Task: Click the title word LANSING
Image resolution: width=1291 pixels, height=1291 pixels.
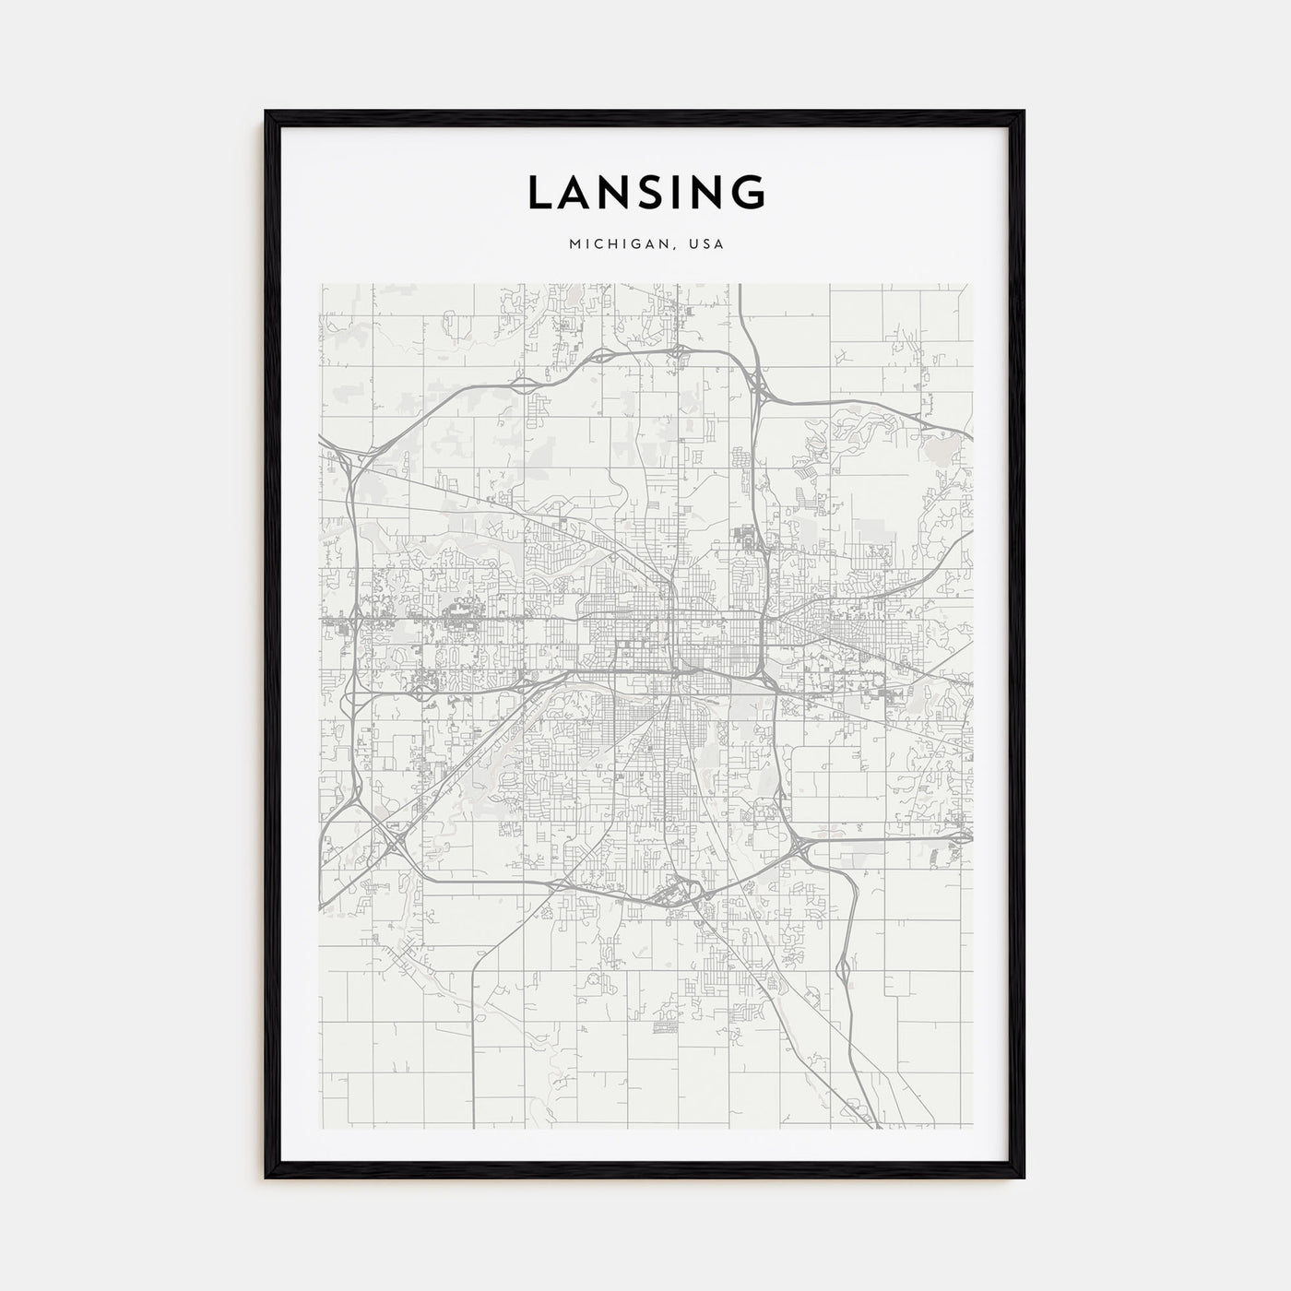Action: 645,192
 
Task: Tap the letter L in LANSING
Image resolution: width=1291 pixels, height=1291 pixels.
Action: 540,192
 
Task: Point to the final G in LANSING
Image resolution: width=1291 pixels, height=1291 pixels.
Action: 749,192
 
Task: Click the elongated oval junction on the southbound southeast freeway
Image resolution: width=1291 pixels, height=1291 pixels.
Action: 842,968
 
